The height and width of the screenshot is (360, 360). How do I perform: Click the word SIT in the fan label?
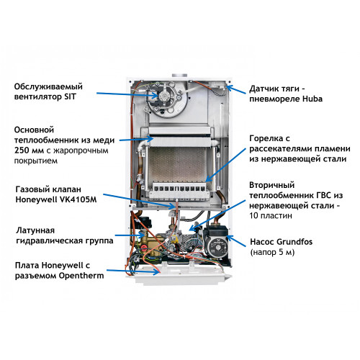click(70, 96)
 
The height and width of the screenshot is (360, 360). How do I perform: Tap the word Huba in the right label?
click(312, 99)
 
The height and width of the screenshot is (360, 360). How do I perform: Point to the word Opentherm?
click(81, 276)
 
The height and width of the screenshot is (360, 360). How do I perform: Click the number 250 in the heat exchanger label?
click(22, 150)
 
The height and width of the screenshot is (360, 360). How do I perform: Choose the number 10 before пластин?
click(254, 215)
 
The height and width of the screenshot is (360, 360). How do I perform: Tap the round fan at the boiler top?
click(166, 99)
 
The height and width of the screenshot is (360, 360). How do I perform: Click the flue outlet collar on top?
click(179, 75)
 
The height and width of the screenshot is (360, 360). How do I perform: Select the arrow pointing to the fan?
click(127, 94)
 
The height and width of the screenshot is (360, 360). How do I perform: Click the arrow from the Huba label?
click(236, 89)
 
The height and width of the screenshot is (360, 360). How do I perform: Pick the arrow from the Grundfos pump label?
click(236, 240)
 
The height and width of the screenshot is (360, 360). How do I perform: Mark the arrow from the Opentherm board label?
click(133, 271)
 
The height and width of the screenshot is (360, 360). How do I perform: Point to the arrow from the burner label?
click(226, 165)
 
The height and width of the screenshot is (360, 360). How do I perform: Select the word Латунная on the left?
click(35, 230)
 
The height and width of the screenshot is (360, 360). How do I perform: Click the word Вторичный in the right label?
click(272, 185)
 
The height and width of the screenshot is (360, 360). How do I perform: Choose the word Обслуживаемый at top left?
click(48, 86)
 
